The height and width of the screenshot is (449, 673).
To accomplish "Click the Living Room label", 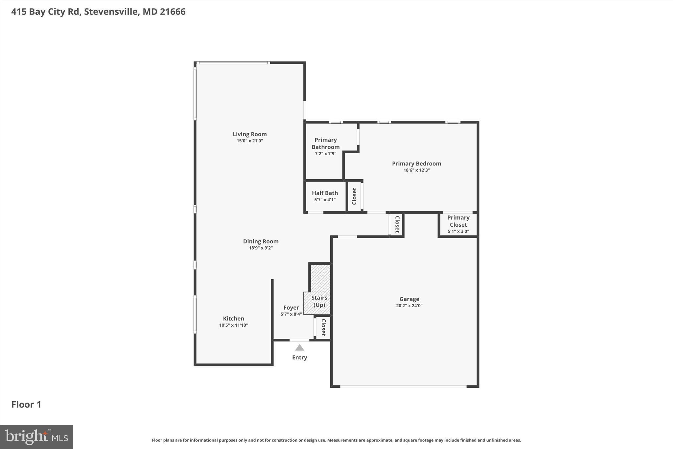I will [x=250, y=134].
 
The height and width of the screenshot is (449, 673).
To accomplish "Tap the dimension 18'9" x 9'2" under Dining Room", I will [x=261, y=248].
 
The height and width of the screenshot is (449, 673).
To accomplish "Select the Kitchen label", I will [x=233, y=318].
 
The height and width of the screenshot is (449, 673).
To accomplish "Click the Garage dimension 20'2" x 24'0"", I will [x=409, y=306].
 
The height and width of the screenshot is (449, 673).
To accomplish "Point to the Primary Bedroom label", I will [x=416, y=163].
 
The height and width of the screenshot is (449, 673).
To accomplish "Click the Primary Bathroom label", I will [x=325, y=143].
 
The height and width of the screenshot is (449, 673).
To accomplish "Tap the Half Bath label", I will [x=325, y=193].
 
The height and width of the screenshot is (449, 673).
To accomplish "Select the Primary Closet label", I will [x=458, y=221].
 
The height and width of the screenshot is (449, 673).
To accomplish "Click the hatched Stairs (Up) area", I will [x=320, y=280].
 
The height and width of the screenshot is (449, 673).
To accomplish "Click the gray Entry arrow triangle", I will [x=299, y=348].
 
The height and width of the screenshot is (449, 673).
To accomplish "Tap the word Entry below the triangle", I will [x=299, y=357].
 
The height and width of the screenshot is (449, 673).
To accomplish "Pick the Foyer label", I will [x=291, y=308].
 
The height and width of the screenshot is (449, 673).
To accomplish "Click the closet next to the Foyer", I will [x=323, y=327].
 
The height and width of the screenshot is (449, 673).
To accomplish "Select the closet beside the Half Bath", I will [x=354, y=196].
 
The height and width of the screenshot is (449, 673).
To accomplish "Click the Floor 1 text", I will [x=26, y=405].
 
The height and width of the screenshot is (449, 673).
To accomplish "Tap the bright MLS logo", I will [x=36, y=437].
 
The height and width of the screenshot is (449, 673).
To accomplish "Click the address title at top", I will [x=98, y=12].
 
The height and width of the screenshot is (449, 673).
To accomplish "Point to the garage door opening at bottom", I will [x=403, y=387].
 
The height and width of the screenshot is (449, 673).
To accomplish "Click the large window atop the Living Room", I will [x=233, y=62].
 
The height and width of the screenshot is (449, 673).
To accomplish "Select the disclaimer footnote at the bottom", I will [x=336, y=440].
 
